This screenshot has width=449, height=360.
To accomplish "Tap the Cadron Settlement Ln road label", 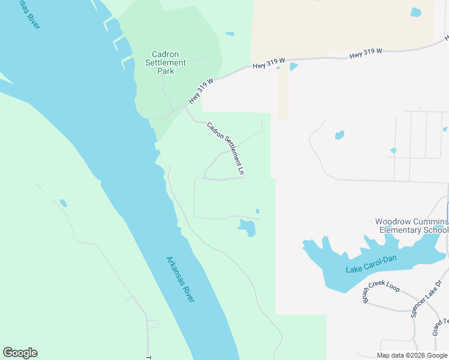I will [x=226, y=149].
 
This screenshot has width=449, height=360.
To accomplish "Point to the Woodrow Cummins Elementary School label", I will [x=411, y=226].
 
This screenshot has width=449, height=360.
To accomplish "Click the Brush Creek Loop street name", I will [x=381, y=293].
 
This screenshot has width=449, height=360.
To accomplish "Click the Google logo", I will [x=20, y=353].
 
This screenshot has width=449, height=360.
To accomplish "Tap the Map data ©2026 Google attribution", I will [x=412, y=355].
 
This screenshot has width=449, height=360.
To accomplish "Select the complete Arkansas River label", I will [x=180, y=279].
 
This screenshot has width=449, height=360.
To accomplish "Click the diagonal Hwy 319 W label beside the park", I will [x=201, y=91].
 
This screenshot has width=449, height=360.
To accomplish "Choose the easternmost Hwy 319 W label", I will [x=366, y=53].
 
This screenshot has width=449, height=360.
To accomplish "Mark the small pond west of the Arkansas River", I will [x=63, y=203].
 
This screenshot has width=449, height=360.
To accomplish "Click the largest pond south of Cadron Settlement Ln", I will [x=247, y=227].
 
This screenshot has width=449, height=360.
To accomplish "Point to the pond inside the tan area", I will [x=415, y=12].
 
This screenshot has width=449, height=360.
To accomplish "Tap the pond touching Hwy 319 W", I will [x=293, y=67].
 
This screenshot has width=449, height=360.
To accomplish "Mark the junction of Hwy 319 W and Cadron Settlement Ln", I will [x=184, y=107].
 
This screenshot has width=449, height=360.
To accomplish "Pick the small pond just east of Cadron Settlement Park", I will [x=229, y=34].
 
